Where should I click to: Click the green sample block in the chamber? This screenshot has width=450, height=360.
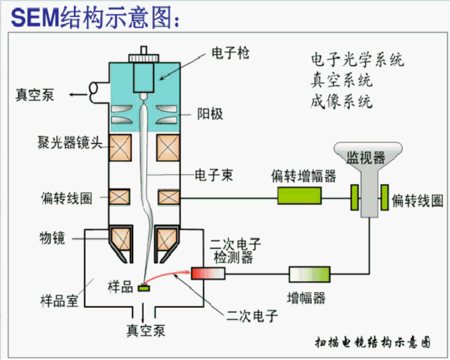(x=144, y=288)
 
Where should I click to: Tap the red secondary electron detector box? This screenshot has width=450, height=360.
(x=209, y=273)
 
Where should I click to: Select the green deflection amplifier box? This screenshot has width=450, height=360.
(x=300, y=196)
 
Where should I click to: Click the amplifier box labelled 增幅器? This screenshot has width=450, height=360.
(x=309, y=274)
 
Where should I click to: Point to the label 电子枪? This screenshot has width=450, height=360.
(x=230, y=53)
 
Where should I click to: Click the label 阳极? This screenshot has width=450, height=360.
(x=210, y=114)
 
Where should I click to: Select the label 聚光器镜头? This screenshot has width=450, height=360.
(x=70, y=143)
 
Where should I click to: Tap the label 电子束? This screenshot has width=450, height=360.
(x=214, y=175)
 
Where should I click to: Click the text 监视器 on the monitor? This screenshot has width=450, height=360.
(x=366, y=157)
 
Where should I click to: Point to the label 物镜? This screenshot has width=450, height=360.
(x=52, y=238)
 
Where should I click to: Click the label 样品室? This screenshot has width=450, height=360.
(x=59, y=301)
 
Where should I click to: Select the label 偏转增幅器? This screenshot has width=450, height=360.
(x=304, y=176)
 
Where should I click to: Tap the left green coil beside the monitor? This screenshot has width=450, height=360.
(x=355, y=198)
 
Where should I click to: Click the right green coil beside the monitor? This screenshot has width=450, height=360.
(x=384, y=198)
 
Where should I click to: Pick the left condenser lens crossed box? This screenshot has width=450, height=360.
(x=120, y=147)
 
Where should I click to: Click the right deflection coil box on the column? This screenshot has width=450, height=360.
(x=169, y=197)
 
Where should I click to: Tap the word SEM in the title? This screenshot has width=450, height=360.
(x=35, y=17)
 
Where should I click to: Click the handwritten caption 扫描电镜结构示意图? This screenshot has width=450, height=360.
(x=373, y=343)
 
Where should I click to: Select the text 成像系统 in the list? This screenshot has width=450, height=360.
(x=342, y=101)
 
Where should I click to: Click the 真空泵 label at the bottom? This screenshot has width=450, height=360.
(x=146, y=331)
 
